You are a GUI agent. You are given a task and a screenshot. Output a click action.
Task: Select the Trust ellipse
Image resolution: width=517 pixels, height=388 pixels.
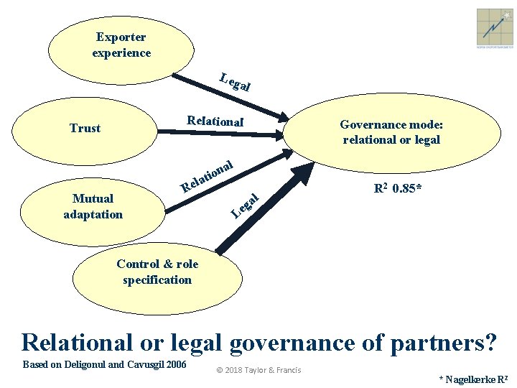click(x=85, y=128)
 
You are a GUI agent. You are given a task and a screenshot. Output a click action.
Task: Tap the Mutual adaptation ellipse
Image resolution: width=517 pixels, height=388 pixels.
click(x=93, y=206)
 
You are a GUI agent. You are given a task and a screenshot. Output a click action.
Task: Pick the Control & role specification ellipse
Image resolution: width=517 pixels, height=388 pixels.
click(x=157, y=272)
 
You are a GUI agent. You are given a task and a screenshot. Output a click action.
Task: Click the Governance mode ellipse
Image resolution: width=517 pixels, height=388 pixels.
click(x=391, y=132)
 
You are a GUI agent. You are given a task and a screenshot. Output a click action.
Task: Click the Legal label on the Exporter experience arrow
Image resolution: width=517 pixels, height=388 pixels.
click(x=235, y=83)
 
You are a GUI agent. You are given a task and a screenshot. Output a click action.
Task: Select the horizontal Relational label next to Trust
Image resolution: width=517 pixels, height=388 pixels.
click(x=215, y=121)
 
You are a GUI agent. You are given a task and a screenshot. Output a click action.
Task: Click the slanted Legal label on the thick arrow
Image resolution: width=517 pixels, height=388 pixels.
click(x=245, y=205)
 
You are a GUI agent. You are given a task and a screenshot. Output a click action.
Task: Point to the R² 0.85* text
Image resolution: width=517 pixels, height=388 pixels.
click(x=397, y=190)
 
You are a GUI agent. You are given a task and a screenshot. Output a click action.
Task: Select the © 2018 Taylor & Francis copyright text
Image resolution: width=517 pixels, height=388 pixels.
click(x=258, y=371)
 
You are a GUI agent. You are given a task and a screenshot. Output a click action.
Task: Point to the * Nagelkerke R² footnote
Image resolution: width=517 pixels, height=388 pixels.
click(x=473, y=379)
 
